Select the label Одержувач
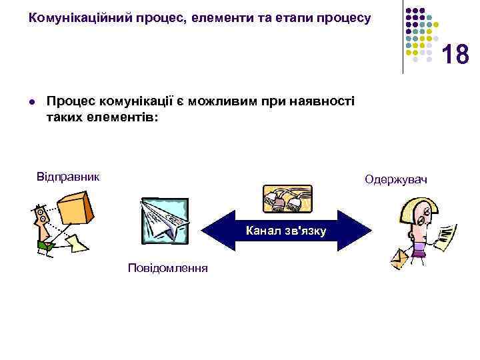(396, 180)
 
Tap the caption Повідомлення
(168, 268)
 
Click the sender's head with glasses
(41, 216)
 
